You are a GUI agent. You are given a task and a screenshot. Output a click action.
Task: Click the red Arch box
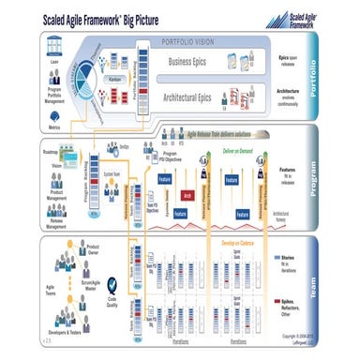(187, 196)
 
